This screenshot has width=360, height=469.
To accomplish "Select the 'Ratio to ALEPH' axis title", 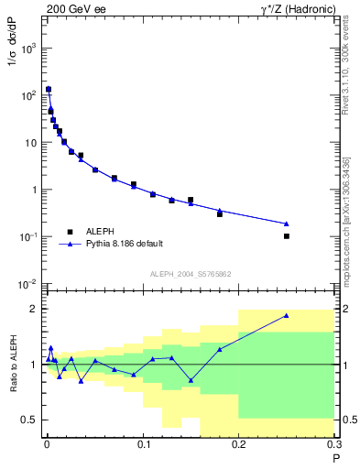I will [x=14, y=364].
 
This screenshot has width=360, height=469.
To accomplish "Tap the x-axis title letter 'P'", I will [x=335, y=459].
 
